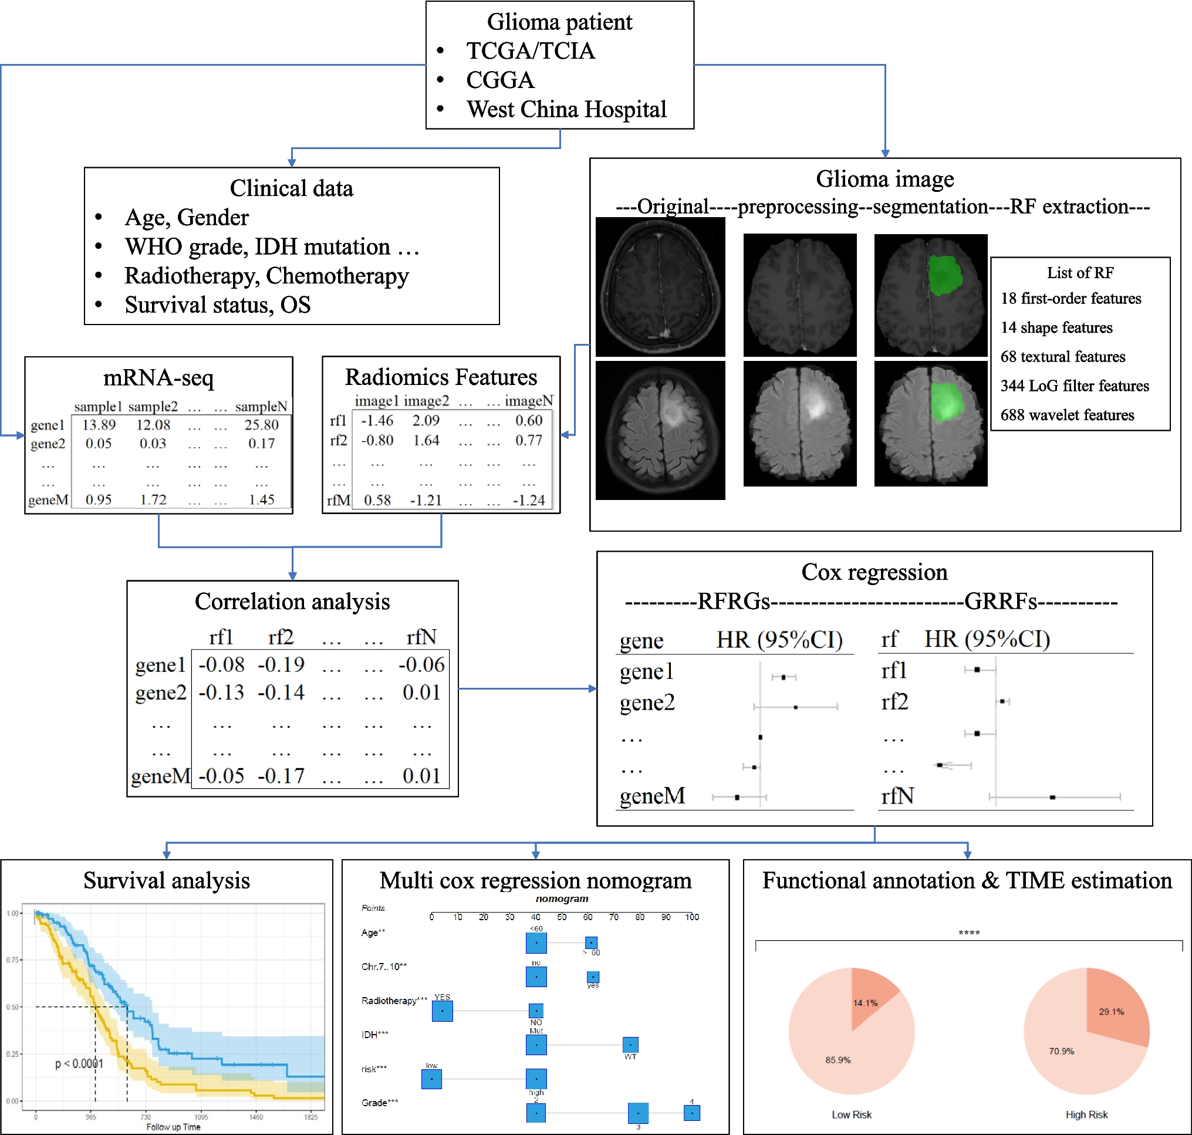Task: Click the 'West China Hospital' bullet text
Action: tap(566, 110)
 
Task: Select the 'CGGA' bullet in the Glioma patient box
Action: tap(500, 80)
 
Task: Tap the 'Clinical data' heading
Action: tap(291, 188)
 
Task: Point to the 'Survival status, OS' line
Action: tap(217, 305)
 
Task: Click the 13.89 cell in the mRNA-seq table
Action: tap(99, 425)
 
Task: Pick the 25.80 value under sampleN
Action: tap(261, 425)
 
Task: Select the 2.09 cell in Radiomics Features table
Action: tap(426, 420)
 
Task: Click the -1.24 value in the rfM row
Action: tap(528, 501)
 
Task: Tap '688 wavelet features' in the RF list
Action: tap(1067, 415)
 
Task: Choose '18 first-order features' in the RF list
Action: tap(1071, 298)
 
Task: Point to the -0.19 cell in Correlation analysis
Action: tap(281, 664)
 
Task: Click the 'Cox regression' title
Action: tap(874, 572)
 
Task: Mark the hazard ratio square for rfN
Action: tap(1052, 798)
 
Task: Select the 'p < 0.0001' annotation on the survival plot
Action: tap(79, 1063)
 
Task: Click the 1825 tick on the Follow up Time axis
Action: tap(311, 1117)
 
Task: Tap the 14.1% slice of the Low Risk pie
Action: tap(869, 998)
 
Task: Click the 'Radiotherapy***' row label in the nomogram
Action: tap(394, 1001)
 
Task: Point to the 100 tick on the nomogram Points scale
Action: tap(691, 917)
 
